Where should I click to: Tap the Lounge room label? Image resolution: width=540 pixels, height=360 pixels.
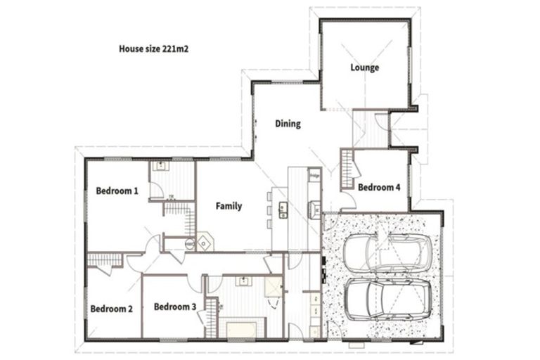(365, 67)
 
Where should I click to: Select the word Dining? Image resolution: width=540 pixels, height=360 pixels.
(288, 124)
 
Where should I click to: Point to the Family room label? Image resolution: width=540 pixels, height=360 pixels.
(229, 206)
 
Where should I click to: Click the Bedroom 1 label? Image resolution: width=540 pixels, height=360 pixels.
(117, 191)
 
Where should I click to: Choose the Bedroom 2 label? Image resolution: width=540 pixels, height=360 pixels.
(111, 309)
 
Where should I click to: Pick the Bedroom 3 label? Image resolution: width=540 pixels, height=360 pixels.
(174, 307)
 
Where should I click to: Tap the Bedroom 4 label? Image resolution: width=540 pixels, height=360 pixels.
(379, 188)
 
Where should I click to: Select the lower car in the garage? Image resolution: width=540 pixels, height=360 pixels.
(382, 299)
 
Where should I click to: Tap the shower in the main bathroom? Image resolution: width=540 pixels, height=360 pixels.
(271, 289)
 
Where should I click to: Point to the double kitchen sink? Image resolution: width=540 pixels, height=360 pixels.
(283, 208)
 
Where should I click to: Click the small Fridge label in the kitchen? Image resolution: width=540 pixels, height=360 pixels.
(314, 174)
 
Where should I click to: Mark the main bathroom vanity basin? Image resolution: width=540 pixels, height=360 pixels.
(245, 283)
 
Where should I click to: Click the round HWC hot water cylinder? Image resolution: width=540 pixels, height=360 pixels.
(189, 243)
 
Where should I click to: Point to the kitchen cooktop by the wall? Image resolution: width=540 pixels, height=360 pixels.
(314, 207)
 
